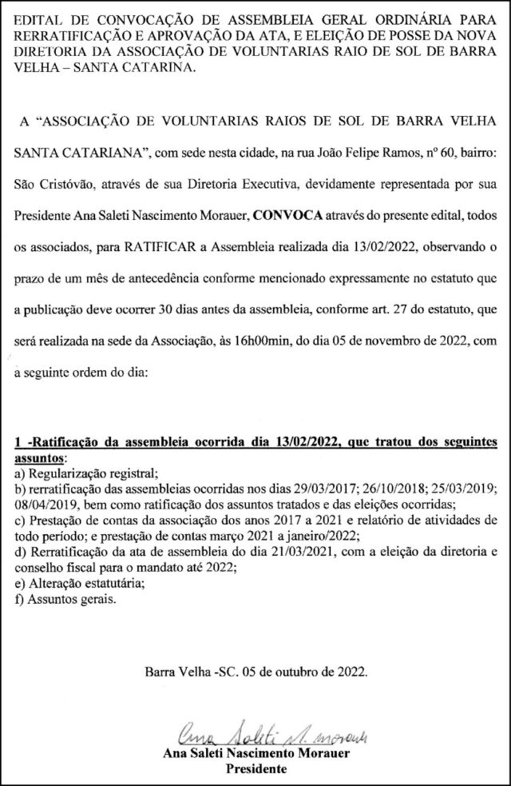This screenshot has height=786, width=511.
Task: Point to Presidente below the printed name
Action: [256, 768]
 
